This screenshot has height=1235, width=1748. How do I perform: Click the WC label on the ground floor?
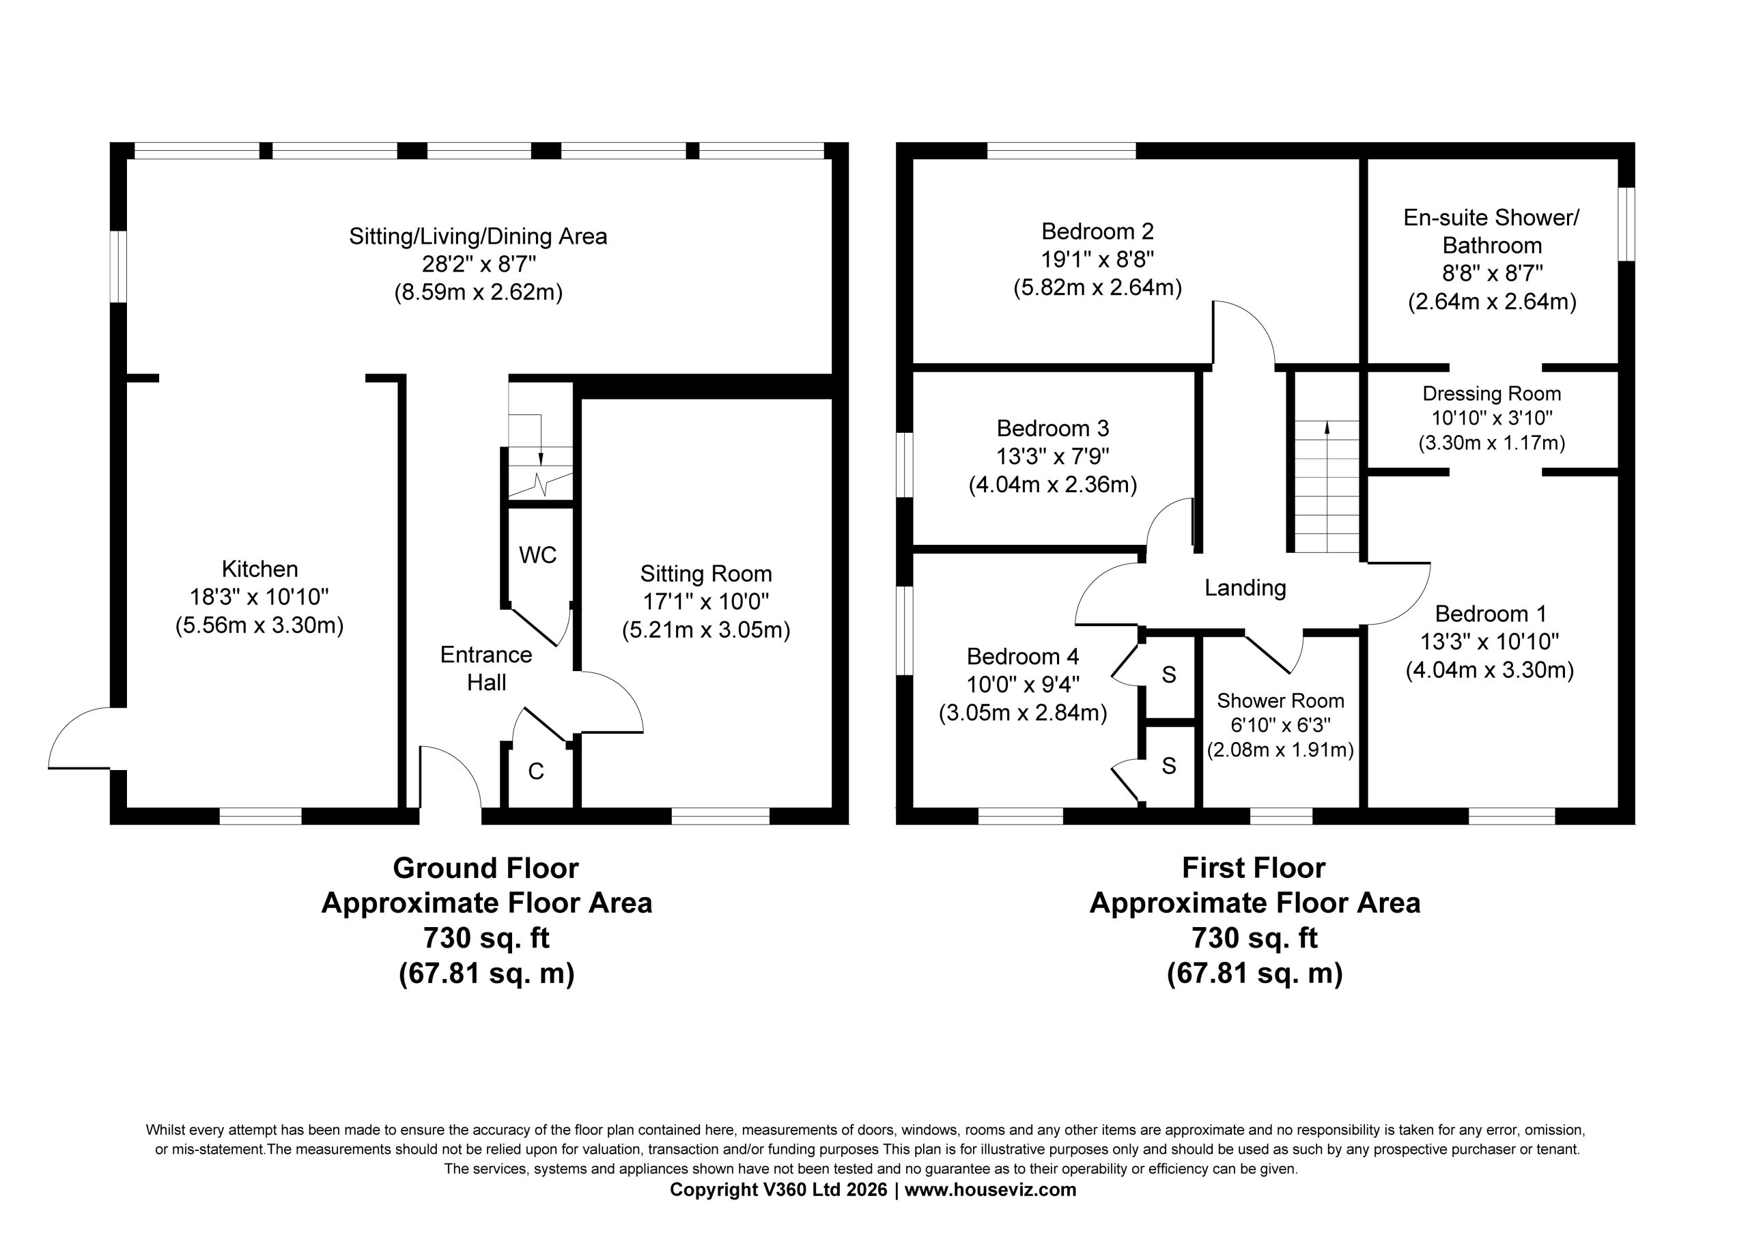537,555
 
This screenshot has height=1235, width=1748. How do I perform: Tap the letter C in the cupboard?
536,771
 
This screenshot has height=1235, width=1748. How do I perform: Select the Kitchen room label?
259,569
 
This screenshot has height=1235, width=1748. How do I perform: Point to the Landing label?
1245,588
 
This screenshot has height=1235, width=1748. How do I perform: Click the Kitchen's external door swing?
65,724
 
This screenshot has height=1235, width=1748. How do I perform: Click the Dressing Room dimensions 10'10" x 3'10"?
1491,418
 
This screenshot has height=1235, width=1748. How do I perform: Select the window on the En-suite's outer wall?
1626,224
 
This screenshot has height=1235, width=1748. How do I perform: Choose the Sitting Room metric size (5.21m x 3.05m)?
706,630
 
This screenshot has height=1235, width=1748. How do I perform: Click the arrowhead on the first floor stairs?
1327,427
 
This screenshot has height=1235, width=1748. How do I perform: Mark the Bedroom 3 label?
1053,428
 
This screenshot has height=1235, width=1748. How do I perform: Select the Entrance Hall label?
485,668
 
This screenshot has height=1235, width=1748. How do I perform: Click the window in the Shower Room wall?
1282,817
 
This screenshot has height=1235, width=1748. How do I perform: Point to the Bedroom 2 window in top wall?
1061,151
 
